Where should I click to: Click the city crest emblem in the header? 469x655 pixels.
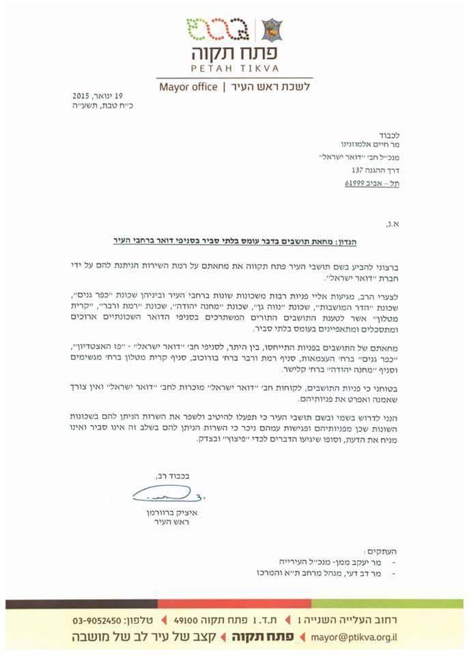click(x=272, y=30)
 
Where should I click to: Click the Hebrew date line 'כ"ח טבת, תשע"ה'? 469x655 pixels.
click(x=109, y=106)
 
